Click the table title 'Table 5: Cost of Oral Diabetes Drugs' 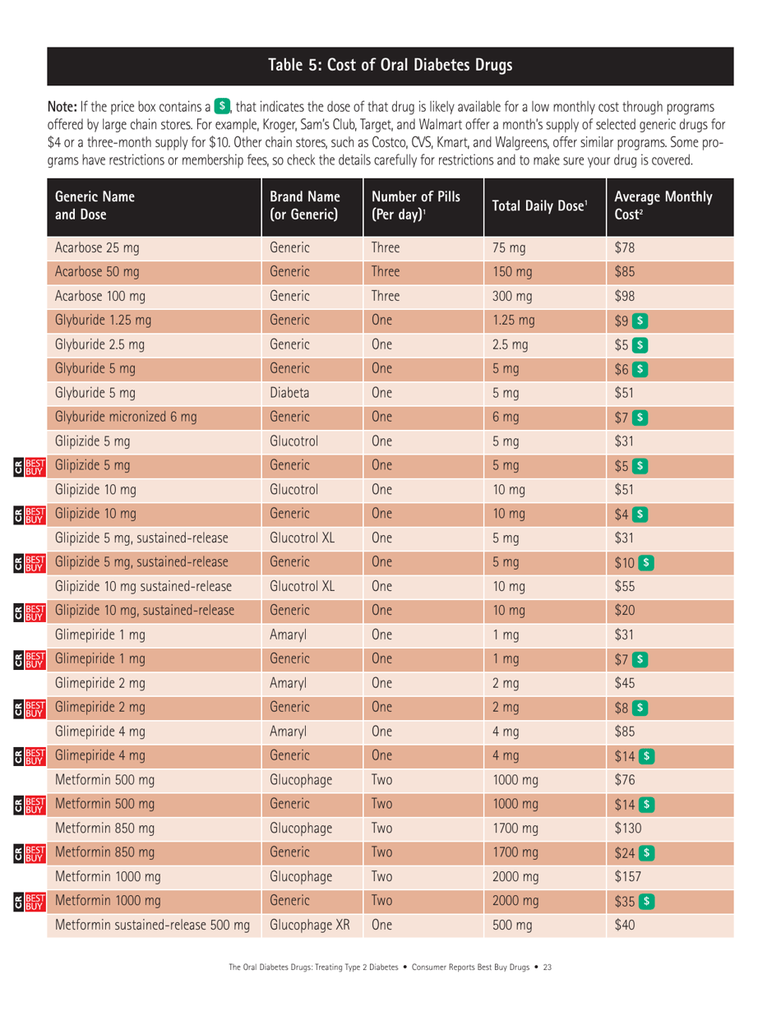tap(390, 65)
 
